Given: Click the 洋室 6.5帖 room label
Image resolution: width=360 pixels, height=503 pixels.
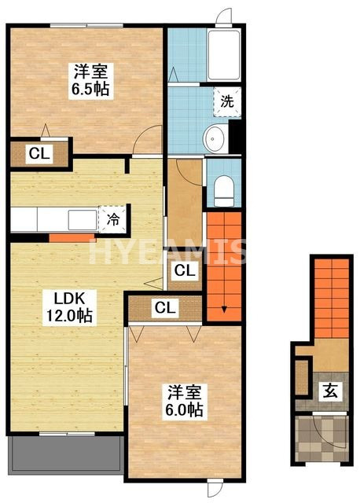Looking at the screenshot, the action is (91, 80).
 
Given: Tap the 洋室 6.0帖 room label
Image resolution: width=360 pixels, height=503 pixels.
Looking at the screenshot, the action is (185, 401).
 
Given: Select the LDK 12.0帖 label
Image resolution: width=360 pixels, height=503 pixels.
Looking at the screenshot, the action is (69, 307).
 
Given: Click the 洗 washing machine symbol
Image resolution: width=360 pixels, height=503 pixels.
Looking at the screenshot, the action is (227, 101).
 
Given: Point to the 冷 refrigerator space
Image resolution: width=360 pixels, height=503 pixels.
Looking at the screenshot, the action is (112, 220).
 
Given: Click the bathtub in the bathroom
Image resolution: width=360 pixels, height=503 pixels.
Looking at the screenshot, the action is (224, 55).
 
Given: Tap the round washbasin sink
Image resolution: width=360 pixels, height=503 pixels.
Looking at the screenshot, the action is (215, 139).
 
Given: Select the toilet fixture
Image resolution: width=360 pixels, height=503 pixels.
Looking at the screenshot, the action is (224, 191).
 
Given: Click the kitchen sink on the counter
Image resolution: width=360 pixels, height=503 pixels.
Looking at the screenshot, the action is (83, 220).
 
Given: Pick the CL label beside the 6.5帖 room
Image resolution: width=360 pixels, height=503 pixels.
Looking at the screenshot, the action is (39, 154).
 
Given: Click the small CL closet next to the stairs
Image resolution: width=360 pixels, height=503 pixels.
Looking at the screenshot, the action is (185, 270).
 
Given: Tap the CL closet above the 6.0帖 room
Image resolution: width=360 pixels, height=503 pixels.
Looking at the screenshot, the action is (165, 307).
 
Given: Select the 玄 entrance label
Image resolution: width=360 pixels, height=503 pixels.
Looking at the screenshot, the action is (330, 391).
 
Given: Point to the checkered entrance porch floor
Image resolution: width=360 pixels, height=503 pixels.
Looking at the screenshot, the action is (321, 439).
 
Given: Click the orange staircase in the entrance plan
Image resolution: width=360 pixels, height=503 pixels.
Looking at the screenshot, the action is (332, 299).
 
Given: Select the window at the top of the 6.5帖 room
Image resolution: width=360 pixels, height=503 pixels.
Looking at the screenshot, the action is (86, 25).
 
